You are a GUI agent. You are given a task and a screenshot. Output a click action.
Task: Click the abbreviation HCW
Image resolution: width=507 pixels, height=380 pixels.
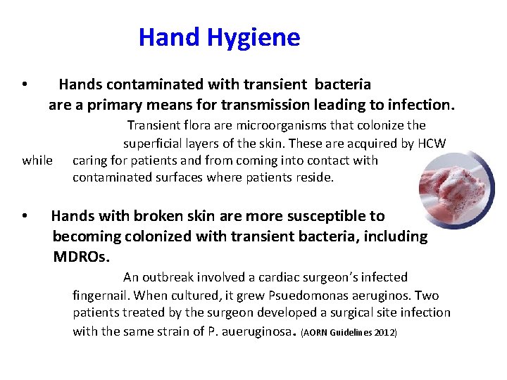[x=432, y=143]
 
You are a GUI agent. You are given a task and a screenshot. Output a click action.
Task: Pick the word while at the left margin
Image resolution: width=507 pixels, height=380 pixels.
[x=37, y=160]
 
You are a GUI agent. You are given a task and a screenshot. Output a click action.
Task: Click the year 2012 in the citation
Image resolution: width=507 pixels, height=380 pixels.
[x=385, y=332]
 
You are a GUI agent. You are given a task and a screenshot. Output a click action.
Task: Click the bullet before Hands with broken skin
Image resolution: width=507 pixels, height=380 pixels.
[x=25, y=216]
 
